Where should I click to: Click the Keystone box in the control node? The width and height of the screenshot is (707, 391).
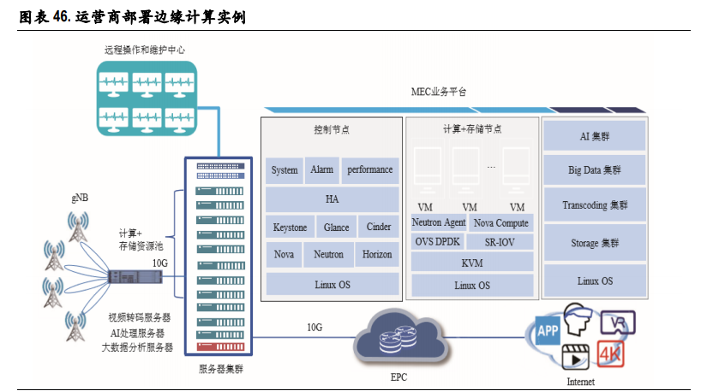(x=290, y=227)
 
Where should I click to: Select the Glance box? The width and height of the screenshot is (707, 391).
(x=336, y=227)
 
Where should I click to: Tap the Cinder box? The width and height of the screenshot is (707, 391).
(x=378, y=227)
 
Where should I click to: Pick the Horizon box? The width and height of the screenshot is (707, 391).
(x=377, y=254)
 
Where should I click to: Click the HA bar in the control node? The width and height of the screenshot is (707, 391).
(x=332, y=198)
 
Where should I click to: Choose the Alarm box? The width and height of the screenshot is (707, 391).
(x=321, y=169)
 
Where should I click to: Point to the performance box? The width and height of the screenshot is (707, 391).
(x=369, y=169)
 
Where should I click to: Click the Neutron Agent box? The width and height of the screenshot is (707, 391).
(x=439, y=222)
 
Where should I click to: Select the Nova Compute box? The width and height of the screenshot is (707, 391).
(x=500, y=222)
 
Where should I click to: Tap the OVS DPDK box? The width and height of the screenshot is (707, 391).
(x=437, y=241)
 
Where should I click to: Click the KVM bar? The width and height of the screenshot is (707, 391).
(x=471, y=263)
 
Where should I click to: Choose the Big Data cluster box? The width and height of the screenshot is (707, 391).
(x=595, y=169)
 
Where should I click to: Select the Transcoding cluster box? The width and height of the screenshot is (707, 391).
(x=595, y=205)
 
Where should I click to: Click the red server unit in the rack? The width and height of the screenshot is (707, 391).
(x=219, y=347)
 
